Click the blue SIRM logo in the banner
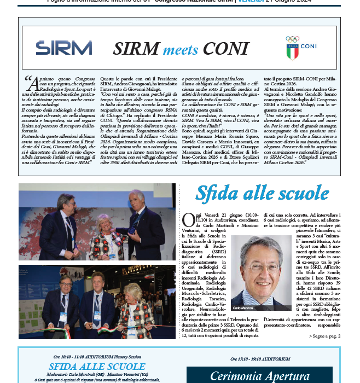point(63,48)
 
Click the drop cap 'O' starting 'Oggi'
point(188,219)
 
